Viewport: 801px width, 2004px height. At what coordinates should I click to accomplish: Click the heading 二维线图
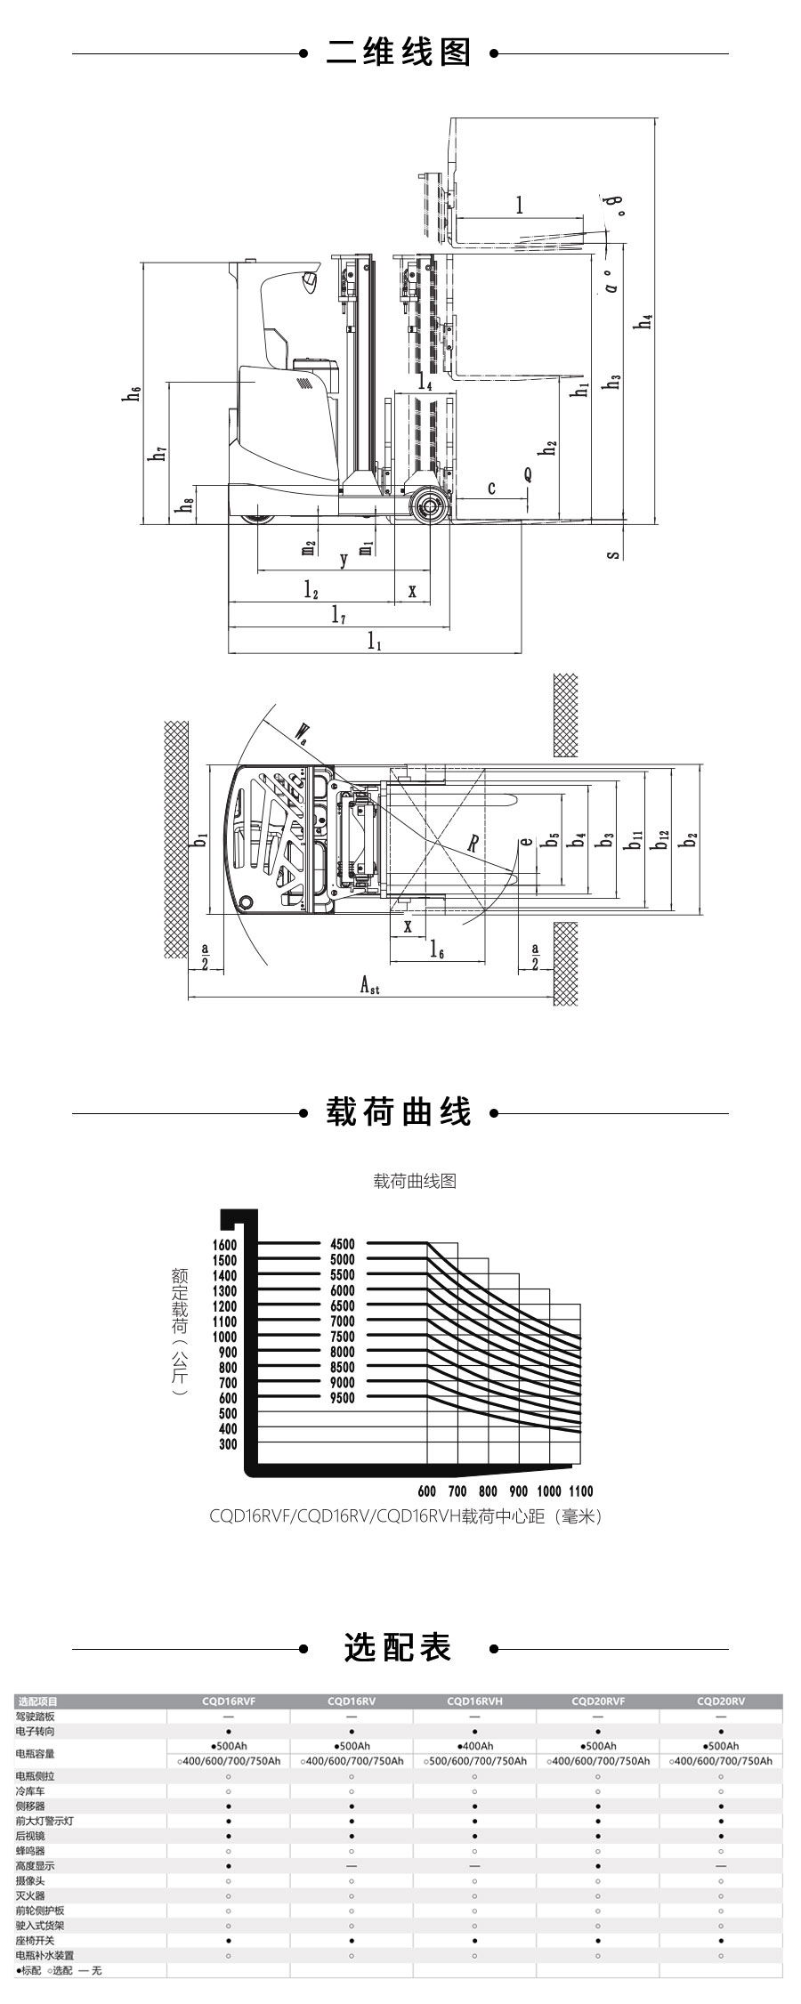[399, 53]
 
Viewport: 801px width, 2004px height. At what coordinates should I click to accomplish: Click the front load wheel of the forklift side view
[433, 509]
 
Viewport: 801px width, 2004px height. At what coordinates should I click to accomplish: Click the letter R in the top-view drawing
[473, 843]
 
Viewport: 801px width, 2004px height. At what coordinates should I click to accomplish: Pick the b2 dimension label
[690, 838]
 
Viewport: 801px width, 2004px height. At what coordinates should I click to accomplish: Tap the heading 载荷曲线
[399, 1112]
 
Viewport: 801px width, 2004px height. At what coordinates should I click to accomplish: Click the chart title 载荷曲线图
[415, 1181]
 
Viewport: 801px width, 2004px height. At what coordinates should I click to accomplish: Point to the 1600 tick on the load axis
[225, 1245]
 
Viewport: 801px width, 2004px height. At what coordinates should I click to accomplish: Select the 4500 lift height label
[342, 1244]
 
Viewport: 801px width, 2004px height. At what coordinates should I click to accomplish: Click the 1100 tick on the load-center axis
[579, 1491]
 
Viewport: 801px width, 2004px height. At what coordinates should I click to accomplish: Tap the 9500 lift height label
[342, 1398]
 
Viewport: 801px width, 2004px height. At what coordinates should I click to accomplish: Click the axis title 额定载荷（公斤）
[180, 1331]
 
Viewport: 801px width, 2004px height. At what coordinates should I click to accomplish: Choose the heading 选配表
[399, 1648]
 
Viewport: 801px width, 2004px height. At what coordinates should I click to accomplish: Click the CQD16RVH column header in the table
[474, 1701]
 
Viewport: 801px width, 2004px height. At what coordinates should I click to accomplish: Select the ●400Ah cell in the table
[474, 1746]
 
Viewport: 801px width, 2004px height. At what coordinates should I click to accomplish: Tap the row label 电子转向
[35, 1731]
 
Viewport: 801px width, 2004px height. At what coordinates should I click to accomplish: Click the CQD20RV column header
[720, 1701]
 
